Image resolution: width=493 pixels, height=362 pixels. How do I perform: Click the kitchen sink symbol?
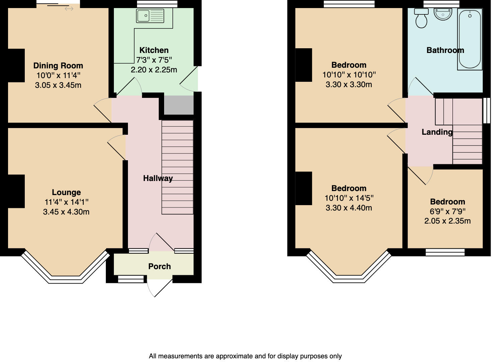150,16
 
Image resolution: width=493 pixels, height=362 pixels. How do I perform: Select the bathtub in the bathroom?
470,39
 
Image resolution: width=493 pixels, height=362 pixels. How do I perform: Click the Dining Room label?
58,66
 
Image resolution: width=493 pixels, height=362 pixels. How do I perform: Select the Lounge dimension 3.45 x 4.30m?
66,212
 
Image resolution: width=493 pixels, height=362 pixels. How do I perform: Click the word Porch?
159,266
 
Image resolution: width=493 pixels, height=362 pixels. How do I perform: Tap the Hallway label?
158,178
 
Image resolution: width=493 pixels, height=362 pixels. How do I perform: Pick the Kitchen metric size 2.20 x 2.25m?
154,70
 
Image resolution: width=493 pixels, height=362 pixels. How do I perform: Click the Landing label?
437,132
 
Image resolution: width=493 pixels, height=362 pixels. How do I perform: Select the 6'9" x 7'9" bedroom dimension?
447,212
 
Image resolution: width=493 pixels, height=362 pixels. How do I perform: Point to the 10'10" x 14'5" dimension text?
349,198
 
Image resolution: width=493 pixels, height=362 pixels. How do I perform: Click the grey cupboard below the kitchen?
179,105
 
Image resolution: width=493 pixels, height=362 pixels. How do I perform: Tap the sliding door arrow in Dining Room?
69,9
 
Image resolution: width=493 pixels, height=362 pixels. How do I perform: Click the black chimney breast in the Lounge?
16,191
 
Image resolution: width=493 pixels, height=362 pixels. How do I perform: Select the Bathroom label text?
445,50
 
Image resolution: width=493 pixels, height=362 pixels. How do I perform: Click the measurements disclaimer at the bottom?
245,356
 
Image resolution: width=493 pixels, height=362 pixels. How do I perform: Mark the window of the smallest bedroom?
445,252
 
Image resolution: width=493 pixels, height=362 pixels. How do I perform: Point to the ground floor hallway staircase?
178,167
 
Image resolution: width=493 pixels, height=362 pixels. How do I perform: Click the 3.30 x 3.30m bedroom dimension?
349,84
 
